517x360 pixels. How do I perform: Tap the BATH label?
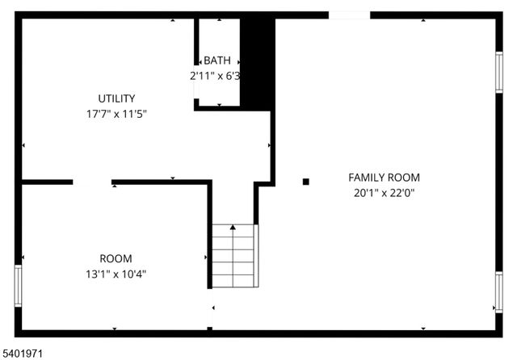pos(216,61)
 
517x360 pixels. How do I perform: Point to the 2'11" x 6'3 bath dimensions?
pos(216,75)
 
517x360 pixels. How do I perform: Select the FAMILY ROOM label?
pos(384,178)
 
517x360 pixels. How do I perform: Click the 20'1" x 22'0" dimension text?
pos(384,193)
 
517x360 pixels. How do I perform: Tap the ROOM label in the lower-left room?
pos(116,258)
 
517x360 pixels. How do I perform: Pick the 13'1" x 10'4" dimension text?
pos(116,274)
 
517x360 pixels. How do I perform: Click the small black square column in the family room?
pos(305,182)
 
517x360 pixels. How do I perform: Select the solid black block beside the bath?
pos(258,63)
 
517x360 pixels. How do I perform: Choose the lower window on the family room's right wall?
pos(498,291)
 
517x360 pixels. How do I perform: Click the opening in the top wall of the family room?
pos(349,15)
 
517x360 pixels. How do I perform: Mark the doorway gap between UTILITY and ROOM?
pos(92,182)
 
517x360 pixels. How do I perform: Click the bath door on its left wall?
pos(196,84)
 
